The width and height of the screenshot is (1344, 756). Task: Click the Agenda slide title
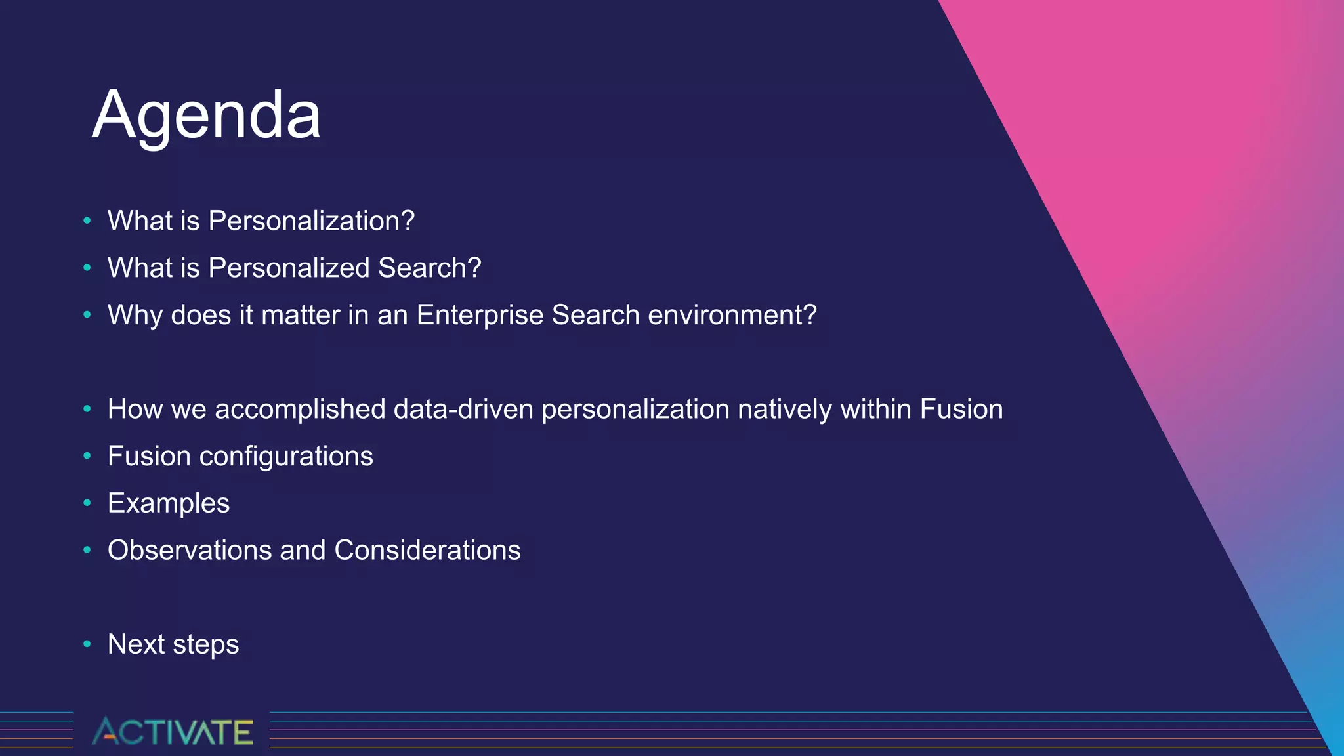[206, 115]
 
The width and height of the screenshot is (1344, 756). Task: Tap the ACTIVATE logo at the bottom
[172, 731]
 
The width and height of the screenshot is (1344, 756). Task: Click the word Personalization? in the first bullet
[311, 221]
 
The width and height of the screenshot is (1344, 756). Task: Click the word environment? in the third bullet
[732, 315]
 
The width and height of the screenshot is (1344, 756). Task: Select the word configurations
[286, 457]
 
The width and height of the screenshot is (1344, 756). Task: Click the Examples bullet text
[169, 503]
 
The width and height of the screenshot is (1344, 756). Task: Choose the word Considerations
[427, 551]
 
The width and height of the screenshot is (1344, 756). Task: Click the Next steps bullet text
[173, 644]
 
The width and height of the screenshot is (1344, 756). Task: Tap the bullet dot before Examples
[87, 503]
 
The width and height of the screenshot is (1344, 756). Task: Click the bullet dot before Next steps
[87, 644]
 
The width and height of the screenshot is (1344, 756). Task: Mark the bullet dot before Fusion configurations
[87, 456]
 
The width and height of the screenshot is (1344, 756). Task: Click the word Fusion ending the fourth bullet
[961, 409]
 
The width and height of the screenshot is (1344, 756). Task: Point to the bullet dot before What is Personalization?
[87, 221]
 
